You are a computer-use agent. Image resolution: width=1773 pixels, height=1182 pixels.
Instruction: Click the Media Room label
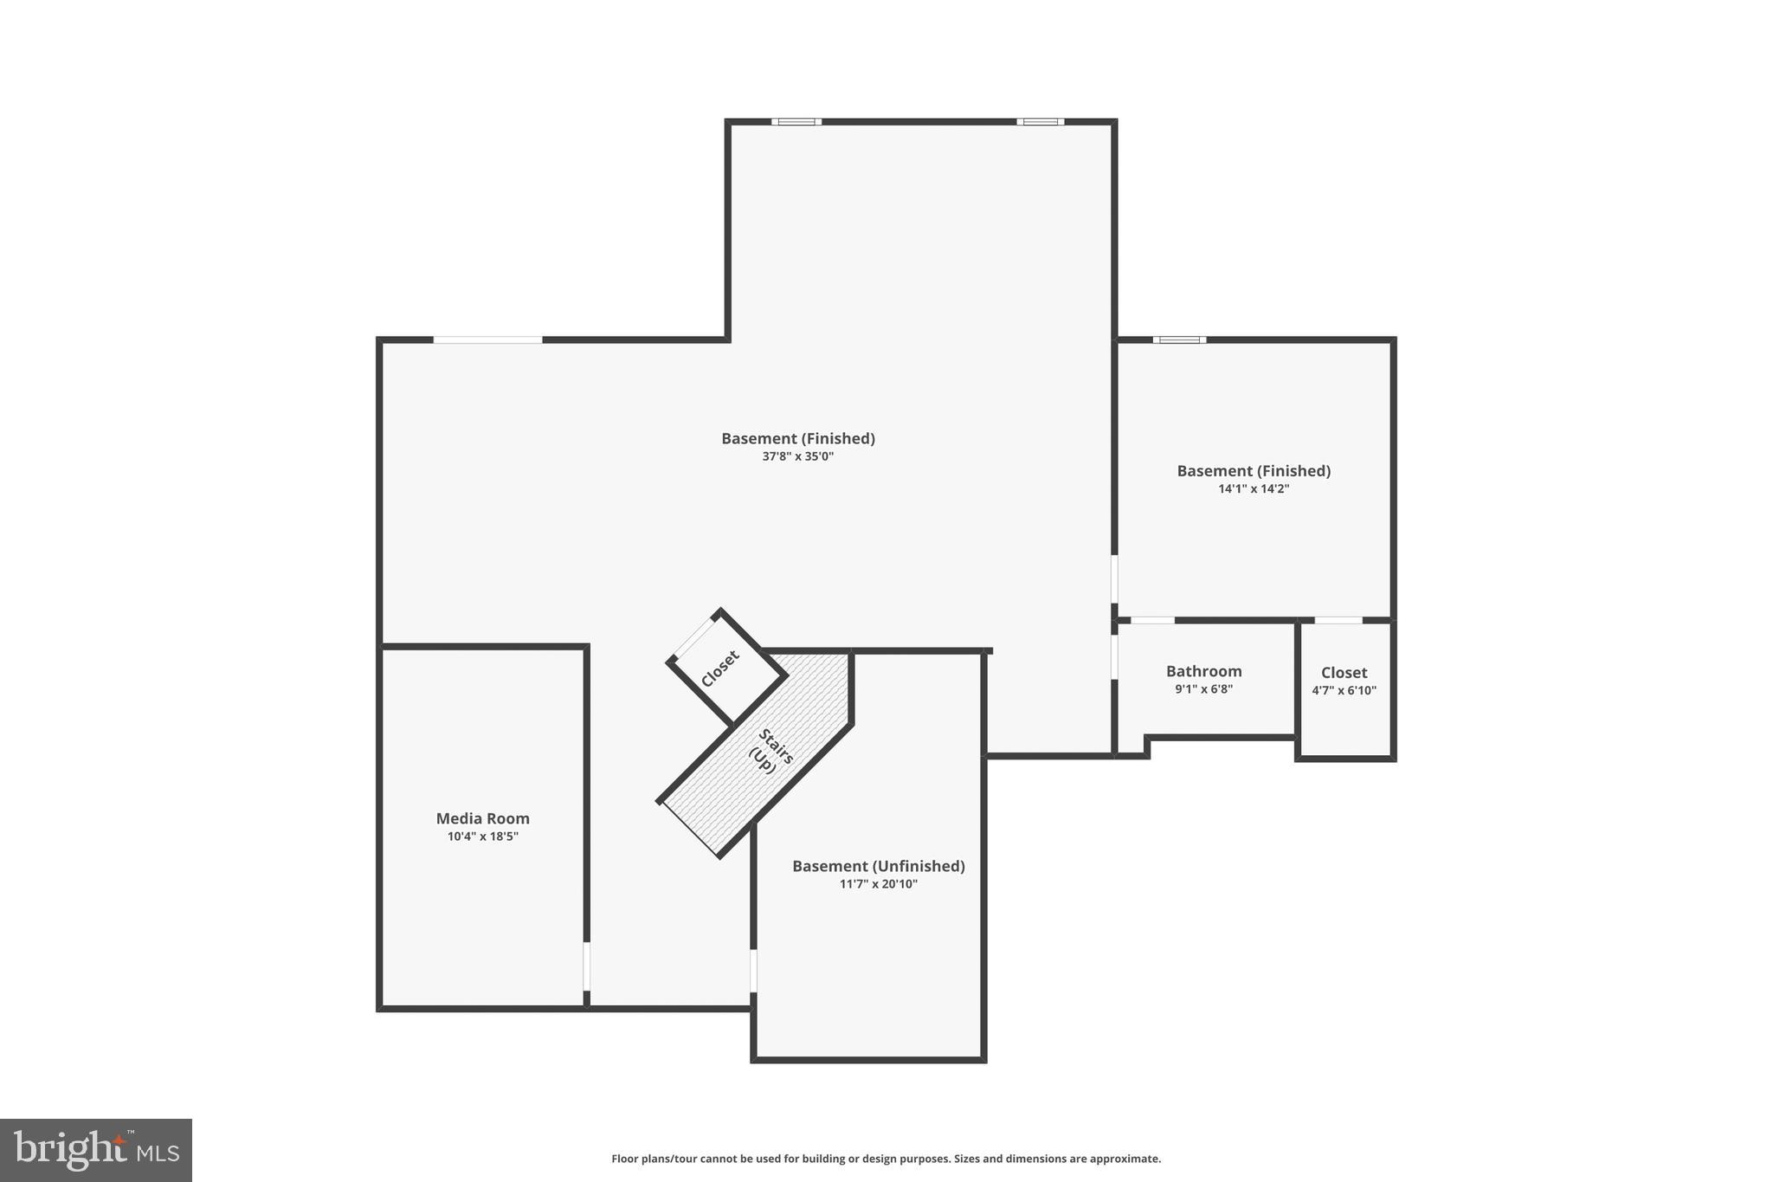pyautogui.click(x=482, y=818)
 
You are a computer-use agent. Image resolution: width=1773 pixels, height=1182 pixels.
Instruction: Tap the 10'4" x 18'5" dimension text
pyautogui.click(x=482, y=836)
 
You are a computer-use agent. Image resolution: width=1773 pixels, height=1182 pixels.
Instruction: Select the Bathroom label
pyautogui.click(x=1203, y=671)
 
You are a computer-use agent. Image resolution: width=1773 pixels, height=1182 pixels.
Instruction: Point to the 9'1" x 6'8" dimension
pyautogui.click(x=1203, y=689)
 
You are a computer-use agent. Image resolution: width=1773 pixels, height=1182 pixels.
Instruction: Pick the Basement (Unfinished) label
pyautogui.click(x=878, y=866)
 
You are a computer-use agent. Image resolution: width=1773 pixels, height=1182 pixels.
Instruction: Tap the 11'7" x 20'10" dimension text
pyautogui.click(x=878, y=884)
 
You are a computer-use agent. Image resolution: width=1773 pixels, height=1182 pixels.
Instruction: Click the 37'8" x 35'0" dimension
pyautogui.click(x=797, y=456)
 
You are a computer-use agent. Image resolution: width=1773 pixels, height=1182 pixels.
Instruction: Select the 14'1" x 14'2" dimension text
pyautogui.click(x=1254, y=488)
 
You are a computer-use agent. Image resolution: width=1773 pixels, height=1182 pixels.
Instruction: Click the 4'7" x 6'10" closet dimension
pyautogui.click(x=1344, y=691)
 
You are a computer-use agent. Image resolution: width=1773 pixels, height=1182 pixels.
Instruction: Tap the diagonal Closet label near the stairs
pyautogui.click(x=720, y=669)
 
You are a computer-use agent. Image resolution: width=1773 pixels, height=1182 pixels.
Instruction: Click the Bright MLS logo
pyautogui.click(x=96, y=1150)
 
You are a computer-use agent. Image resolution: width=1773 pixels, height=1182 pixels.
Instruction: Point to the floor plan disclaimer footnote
pyautogui.click(x=886, y=1159)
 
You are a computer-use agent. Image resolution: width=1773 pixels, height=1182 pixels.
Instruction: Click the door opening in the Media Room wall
pyautogui.click(x=586, y=966)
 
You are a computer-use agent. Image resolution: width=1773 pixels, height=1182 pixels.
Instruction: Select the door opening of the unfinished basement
pyautogui.click(x=753, y=971)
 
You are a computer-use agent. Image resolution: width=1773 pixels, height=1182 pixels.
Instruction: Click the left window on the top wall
pyautogui.click(x=796, y=122)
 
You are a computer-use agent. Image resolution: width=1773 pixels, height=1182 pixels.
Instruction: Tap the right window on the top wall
pyautogui.click(x=1040, y=122)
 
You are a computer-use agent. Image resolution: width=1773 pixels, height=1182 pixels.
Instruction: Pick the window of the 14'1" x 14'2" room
pyautogui.click(x=1179, y=339)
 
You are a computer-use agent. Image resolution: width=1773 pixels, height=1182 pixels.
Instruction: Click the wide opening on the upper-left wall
pyautogui.click(x=487, y=339)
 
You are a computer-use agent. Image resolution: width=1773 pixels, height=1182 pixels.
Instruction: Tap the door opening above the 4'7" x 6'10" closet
pyautogui.click(x=1338, y=620)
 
